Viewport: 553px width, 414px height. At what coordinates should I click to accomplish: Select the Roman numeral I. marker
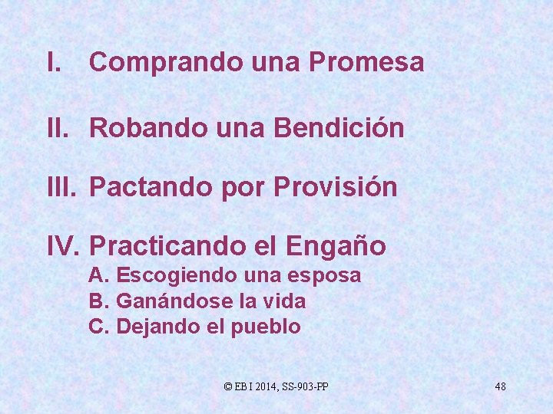pos(53,62)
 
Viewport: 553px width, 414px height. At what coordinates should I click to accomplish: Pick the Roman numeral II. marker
pos(58,128)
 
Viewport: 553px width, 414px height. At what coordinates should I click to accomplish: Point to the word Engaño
pos(336,246)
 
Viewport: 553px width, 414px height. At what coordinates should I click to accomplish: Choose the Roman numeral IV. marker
pos(64,246)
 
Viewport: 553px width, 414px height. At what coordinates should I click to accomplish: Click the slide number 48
pos(500,386)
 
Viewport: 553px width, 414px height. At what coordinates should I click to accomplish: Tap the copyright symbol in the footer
pos(227,386)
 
